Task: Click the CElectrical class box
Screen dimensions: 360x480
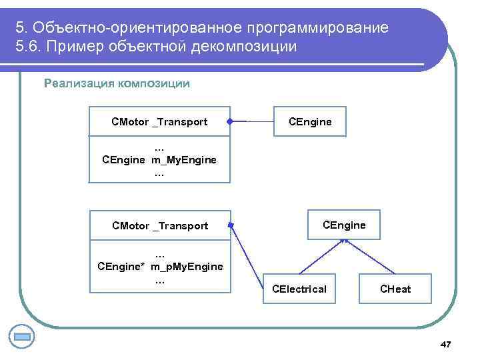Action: (x=299, y=289)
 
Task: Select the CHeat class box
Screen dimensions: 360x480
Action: (x=395, y=289)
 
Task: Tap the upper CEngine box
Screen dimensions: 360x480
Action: (x=309, y=122)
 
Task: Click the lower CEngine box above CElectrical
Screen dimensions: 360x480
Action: (x=344, y=225)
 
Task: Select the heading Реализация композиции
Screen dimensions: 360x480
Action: (x=117, y=83)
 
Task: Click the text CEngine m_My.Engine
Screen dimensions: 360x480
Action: (x=159, y=160)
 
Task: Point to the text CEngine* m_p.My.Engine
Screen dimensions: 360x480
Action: (x=160, y=267)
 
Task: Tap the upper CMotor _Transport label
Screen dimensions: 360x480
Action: (x=159, y=122)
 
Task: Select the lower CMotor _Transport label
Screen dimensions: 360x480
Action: (x=160, y=226)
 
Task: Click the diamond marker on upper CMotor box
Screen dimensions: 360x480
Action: (x=228, y=122)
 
